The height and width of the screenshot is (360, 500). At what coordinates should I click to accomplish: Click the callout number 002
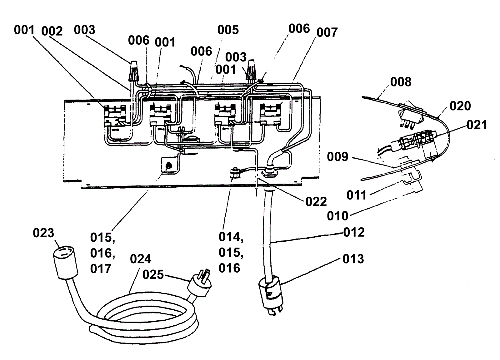point(52,31)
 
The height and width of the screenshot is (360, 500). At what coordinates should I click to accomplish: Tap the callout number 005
point(228,30)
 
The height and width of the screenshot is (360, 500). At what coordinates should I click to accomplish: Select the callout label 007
point(327,32)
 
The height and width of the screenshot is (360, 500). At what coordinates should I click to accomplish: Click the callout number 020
point(460,106)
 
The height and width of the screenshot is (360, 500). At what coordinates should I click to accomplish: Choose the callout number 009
point(337,156)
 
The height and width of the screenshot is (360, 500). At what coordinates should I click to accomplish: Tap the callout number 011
point(357,195)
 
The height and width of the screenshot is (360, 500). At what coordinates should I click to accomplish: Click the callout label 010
point(337,216)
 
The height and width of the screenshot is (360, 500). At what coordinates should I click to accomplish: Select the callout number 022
point(316,202)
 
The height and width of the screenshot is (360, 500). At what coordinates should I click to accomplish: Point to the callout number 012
point(354,232)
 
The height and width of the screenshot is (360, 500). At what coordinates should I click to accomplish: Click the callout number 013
point(353,259)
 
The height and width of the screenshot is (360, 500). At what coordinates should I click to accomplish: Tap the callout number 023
point(43,233)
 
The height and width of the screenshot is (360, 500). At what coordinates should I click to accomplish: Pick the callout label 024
point(141,259)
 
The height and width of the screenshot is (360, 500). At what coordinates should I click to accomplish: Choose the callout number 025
point(153,274)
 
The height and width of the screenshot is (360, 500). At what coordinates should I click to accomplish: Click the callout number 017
point(101,269)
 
